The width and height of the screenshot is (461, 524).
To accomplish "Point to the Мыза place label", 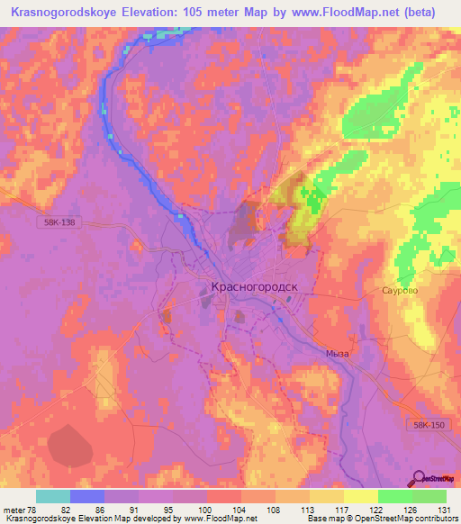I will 337,354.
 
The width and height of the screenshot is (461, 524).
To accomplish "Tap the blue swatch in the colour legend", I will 87,497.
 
